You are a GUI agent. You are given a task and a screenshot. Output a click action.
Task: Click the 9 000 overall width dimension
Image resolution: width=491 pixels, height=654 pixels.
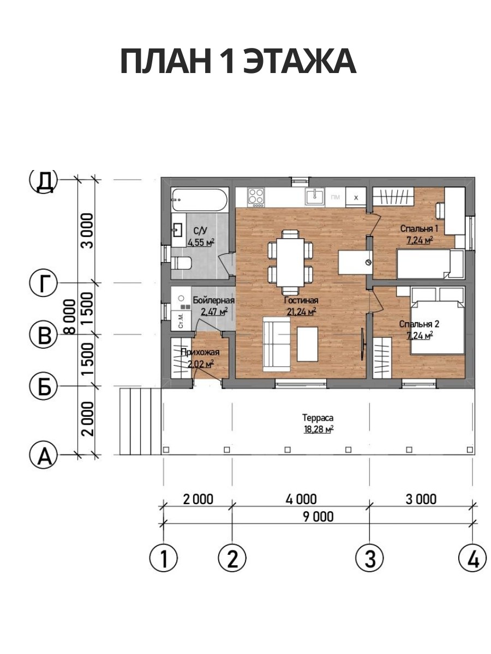[319, 517]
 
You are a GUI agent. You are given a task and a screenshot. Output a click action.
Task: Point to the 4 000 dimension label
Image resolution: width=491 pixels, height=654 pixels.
[301, 499]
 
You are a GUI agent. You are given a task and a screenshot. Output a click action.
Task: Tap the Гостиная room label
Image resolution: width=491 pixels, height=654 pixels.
[301, 300]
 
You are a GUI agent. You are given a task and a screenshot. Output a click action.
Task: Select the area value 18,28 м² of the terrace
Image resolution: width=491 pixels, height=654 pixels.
[319, 429]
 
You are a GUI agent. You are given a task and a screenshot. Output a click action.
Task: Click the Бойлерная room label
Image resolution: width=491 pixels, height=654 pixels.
[214, 300]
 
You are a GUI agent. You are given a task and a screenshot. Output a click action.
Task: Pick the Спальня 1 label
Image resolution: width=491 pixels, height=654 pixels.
[419, 229]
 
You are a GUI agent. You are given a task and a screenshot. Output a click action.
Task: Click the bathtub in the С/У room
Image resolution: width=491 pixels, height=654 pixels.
[200, 199]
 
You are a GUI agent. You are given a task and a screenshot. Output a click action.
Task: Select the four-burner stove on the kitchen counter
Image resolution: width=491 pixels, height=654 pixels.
[256, 197]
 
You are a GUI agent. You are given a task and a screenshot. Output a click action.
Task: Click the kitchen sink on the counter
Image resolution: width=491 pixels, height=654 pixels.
[315, 197]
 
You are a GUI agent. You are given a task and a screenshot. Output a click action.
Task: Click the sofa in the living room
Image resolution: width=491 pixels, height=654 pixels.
[277, 344]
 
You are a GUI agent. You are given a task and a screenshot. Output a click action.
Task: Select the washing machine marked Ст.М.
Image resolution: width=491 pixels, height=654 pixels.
[181, 321]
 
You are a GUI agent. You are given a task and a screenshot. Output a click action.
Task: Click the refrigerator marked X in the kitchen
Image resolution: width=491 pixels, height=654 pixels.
[356, 197]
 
